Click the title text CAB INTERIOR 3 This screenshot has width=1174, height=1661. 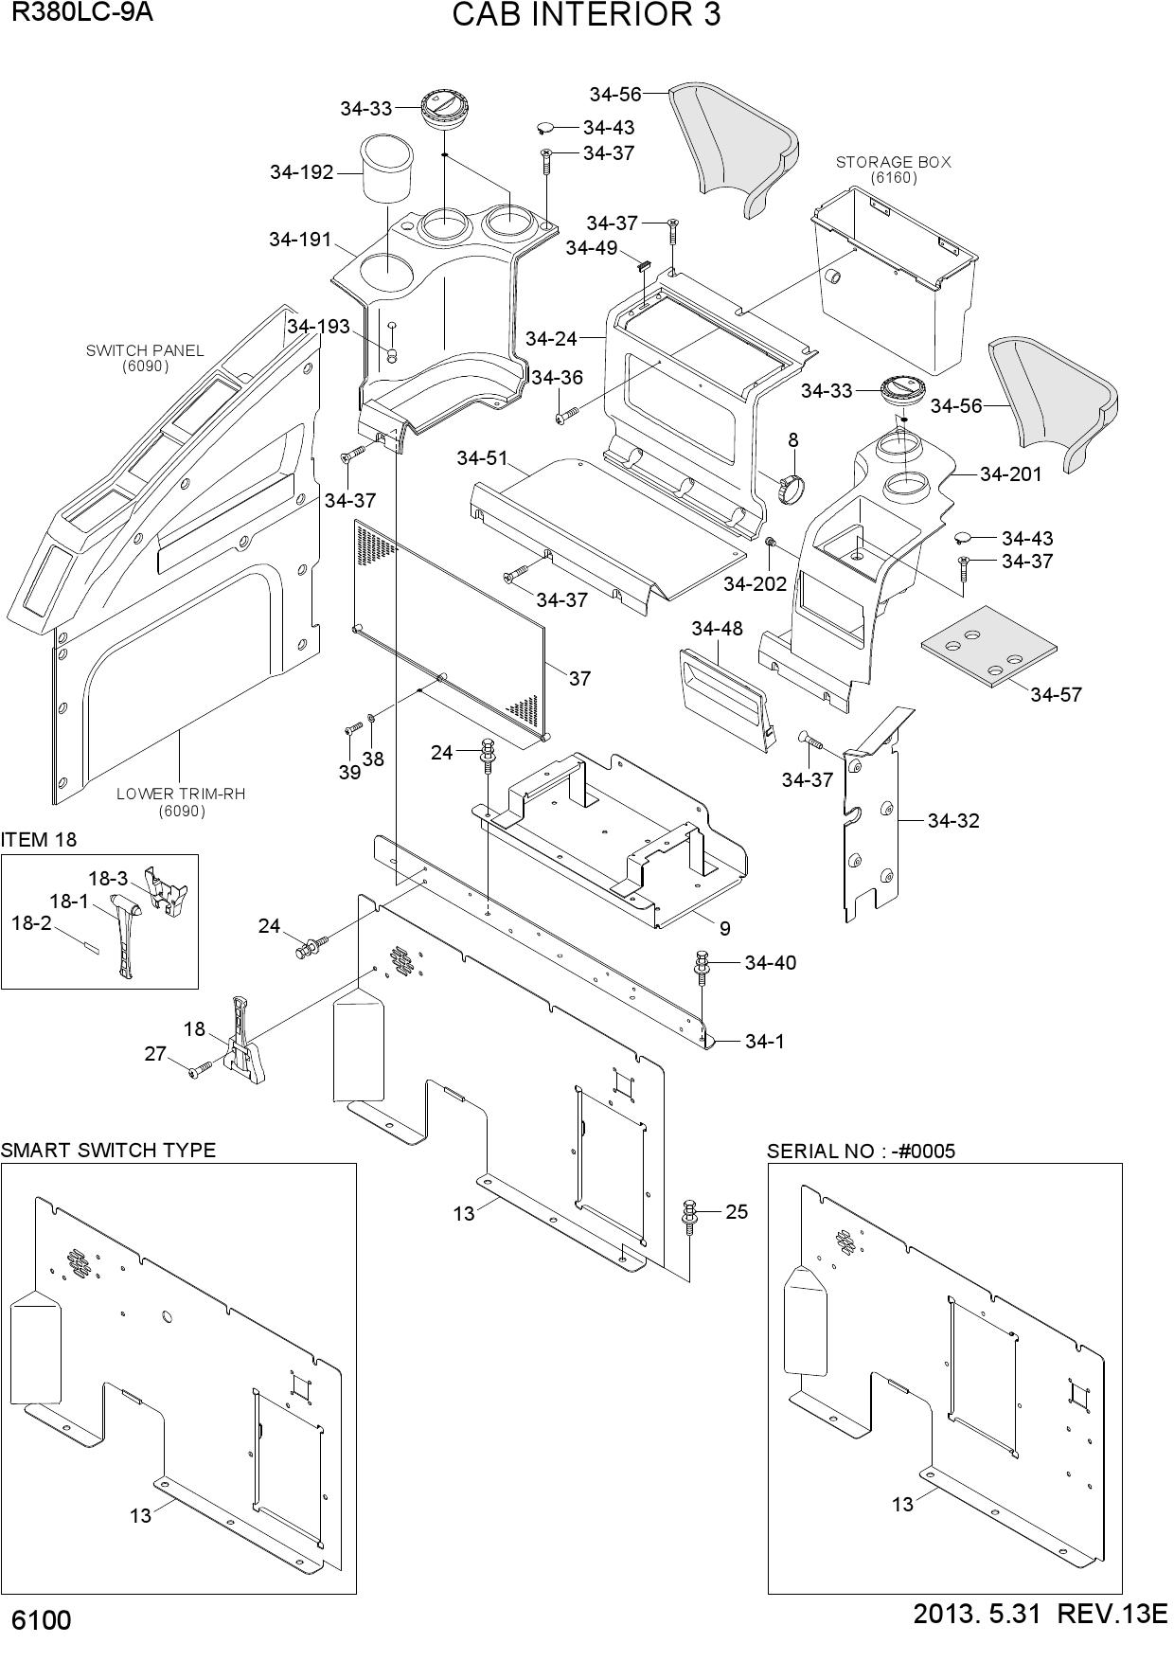point(586,16)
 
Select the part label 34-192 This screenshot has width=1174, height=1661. point(302,172)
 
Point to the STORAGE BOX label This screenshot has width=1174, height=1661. point(893,162)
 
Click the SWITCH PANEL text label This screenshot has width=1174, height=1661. point(145,350)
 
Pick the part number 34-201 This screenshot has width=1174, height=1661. point(1010,473)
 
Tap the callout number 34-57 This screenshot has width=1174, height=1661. point(1056,694)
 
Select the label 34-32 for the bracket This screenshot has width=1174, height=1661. point(953,820)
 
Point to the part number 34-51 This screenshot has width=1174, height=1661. point(482,458)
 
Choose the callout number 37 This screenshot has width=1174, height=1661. point(579,678)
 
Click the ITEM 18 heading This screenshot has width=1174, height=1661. point(39,840)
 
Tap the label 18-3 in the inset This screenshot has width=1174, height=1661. point(108,878)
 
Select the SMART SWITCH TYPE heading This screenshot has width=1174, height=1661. point(108,1150)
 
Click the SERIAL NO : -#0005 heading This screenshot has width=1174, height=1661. point(862,1151)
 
